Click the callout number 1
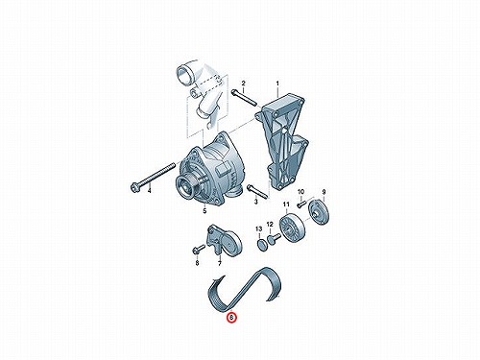[277, 84]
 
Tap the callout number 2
[243, 84]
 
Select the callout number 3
[255, 202]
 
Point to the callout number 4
[149, 191]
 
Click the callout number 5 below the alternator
[204, 210]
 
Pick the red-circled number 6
[231, 317]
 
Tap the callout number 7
[220, 264]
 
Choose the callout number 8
[197, 263]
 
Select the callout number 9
[324, 192]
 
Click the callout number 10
[300, 192]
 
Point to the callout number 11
[286, 204]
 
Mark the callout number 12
[270, 224]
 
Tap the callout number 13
[258, 228]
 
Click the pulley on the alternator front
[187, 187]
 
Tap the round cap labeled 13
[262, 245]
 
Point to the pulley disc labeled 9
[318, 212]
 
